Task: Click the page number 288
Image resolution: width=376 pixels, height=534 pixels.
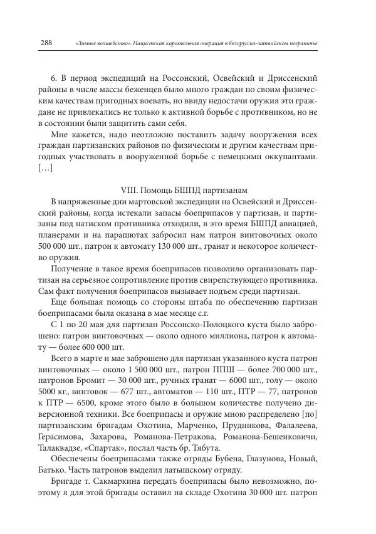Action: pyautogui.click(x=46, y=43)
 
